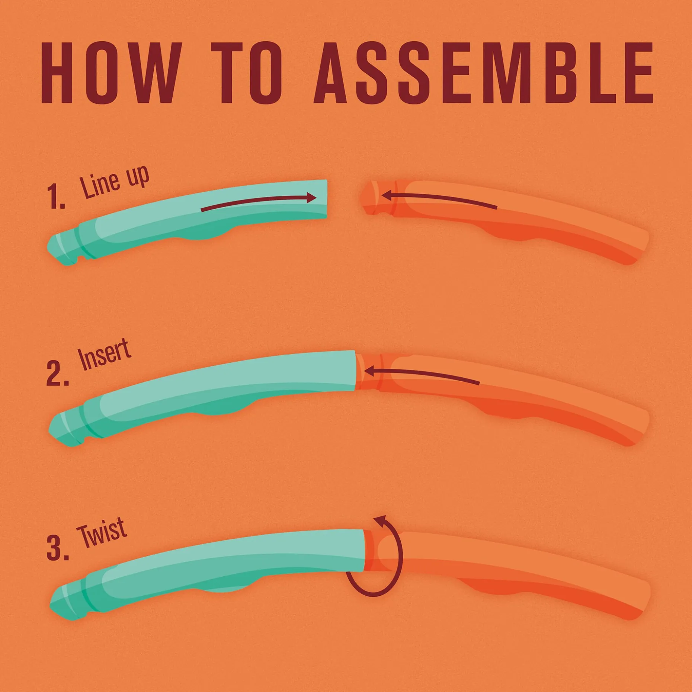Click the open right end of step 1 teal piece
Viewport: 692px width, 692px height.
[x=326, y=199]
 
